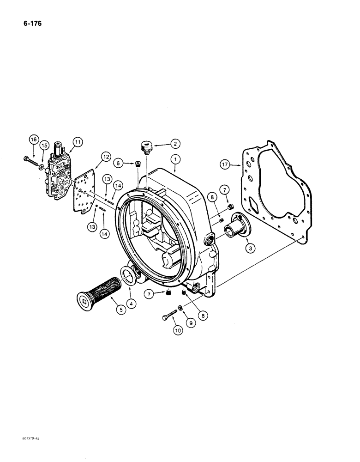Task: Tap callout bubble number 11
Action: click(77, 142)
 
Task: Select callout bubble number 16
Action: click(33, 140)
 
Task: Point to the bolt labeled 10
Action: click(170, 316)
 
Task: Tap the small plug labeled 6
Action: click(137, 164)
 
